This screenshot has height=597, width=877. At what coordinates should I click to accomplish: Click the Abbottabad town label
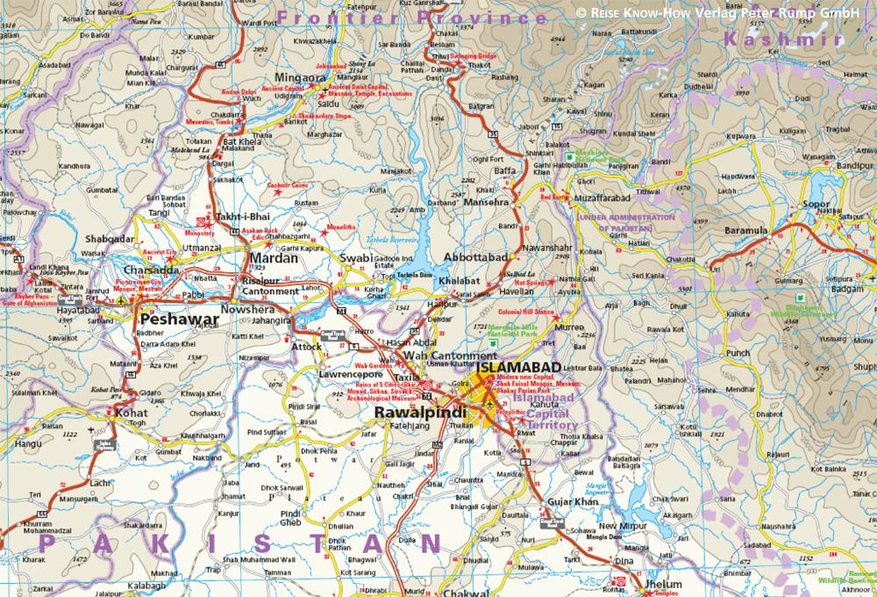tap(476, 257)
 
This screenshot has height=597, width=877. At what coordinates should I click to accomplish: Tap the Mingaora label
tap(302, 77)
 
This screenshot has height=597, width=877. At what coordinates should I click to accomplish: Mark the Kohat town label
tap(132, 411)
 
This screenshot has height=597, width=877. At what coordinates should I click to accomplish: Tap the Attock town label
tap(306, 347)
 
